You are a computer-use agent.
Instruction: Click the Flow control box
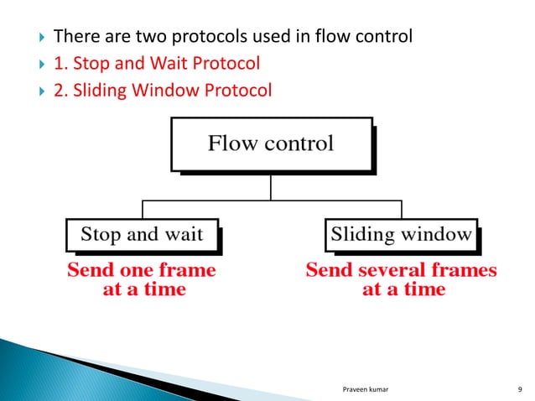[270, 144]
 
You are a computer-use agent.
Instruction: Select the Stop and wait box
[141, 235]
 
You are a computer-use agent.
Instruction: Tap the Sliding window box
[402, 235]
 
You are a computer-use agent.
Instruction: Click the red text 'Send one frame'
[141, 271]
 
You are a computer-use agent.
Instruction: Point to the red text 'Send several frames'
[402, 271]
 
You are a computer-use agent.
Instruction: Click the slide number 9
[521, 388]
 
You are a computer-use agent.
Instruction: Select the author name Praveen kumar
[371, 388]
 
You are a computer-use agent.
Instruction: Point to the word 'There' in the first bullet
[74, 38]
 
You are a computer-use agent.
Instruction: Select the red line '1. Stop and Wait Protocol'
[157, 63]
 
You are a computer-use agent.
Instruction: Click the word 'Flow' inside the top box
[232, 143]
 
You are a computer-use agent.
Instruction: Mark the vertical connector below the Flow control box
[270, 186]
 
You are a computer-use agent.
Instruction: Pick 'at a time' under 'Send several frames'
[403, 290]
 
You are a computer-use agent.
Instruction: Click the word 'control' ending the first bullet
[382, 38]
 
